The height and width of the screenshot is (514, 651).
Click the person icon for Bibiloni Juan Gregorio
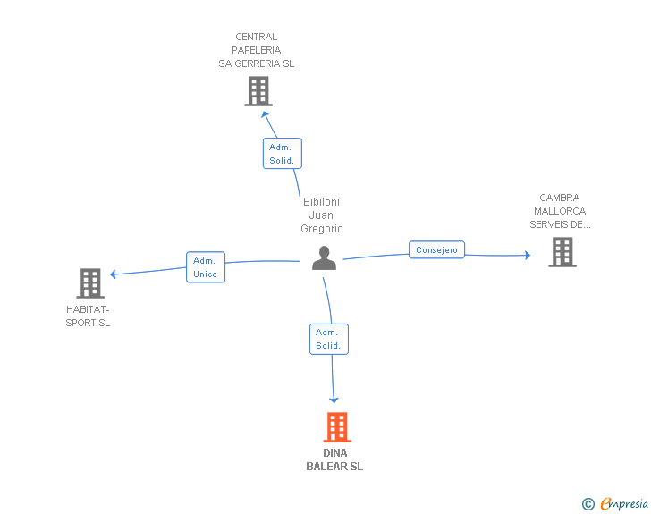click(x=324, y=258)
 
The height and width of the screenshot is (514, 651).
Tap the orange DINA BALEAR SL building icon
click(x=336, y=427)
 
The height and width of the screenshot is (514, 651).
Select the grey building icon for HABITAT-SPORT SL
click(x=90, y=283)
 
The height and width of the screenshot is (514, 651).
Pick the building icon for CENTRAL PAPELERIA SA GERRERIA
click(x=258, y=91)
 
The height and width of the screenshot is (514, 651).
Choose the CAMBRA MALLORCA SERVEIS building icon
click(x=562, y=252)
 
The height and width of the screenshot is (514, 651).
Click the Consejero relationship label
click(x=437, y=250)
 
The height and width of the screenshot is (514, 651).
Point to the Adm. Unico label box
click(x=205, y=267)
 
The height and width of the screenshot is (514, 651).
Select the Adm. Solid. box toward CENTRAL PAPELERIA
click(x=283, y=154)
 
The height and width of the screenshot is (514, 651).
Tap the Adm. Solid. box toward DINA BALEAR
click(x=328, y=339)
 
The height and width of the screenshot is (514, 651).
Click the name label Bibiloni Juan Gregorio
click(x=322, y=215)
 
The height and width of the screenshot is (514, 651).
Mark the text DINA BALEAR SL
click(x=334, y=459)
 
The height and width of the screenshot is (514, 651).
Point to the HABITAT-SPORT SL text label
click(x=88, y=316)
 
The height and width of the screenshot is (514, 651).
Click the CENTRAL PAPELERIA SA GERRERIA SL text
click(x=257, y=51)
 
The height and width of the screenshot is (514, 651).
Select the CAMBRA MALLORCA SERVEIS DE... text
click(x=560, y=211)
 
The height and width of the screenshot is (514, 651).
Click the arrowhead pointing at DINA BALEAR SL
click(x=334, y=400)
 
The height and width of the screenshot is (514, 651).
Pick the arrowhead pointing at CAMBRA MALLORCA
click(x=527, y=256)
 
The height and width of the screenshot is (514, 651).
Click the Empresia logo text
click(x=624, y=504)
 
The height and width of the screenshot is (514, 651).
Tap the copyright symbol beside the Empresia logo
click(x=588, y=504)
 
